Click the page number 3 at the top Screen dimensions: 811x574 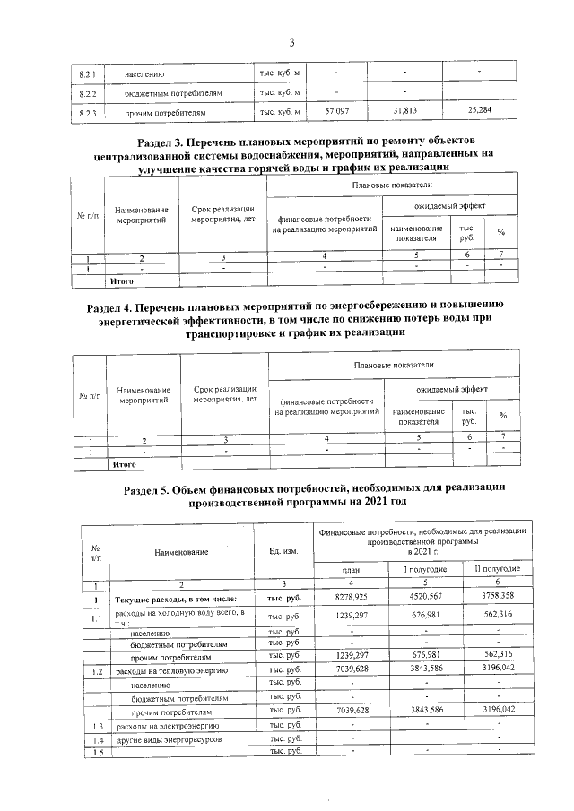[x=291, y=41]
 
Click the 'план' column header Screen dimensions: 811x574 [x=351, y=570]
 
